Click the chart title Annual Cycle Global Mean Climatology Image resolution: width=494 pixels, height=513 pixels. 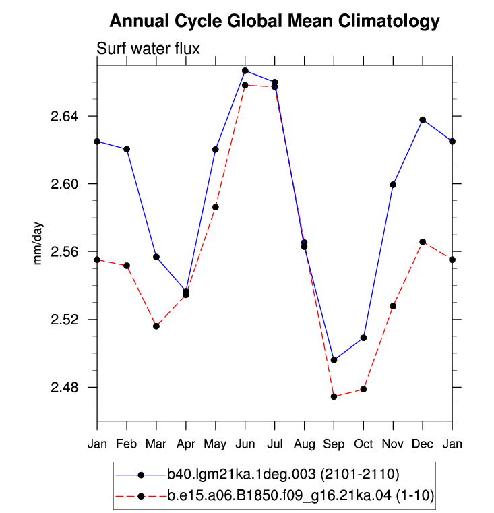click(274, 21)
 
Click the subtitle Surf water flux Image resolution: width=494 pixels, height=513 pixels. click(148, 49)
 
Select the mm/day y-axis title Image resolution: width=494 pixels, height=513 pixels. click(38, 243)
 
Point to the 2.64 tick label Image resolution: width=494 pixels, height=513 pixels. click(65, 116)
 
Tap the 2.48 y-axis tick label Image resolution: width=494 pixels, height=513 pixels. click(65, 388)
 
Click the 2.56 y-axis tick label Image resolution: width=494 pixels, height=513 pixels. click(65, 251)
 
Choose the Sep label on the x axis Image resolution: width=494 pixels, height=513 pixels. click(334, 444)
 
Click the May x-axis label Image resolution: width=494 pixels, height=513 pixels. click(215, 444)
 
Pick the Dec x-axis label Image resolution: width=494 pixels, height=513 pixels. click(423, 444)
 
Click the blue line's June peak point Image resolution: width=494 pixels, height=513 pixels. click(245, 71)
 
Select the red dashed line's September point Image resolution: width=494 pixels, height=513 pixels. click(334, 396)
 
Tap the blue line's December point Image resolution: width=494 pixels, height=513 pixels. click(423, 120)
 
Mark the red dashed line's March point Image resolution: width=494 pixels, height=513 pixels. click(156, 326)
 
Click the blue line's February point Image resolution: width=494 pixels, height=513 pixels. click(127, 149)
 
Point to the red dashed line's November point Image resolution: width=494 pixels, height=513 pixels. click(393, 306)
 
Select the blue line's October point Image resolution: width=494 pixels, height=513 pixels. click(363, 338)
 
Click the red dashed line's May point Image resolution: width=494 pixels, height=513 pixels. click(215, 207)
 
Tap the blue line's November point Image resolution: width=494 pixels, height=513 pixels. click(393, 185)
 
